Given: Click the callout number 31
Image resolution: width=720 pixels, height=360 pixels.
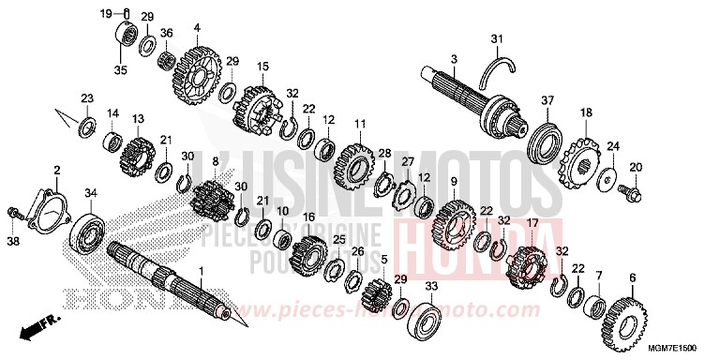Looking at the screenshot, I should (x=497, y=38).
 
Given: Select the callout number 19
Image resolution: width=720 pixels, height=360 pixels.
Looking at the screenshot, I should (x=107, y=12).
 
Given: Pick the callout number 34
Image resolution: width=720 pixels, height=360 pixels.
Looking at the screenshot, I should (x=91, y=193).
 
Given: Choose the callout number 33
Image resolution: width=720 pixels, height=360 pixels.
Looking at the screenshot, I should (x=430, y=286).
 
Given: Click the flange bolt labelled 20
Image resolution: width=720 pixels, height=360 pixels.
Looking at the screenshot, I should (x=624, y=191).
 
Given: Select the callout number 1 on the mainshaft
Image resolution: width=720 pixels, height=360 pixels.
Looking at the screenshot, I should (x=198, y=269).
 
